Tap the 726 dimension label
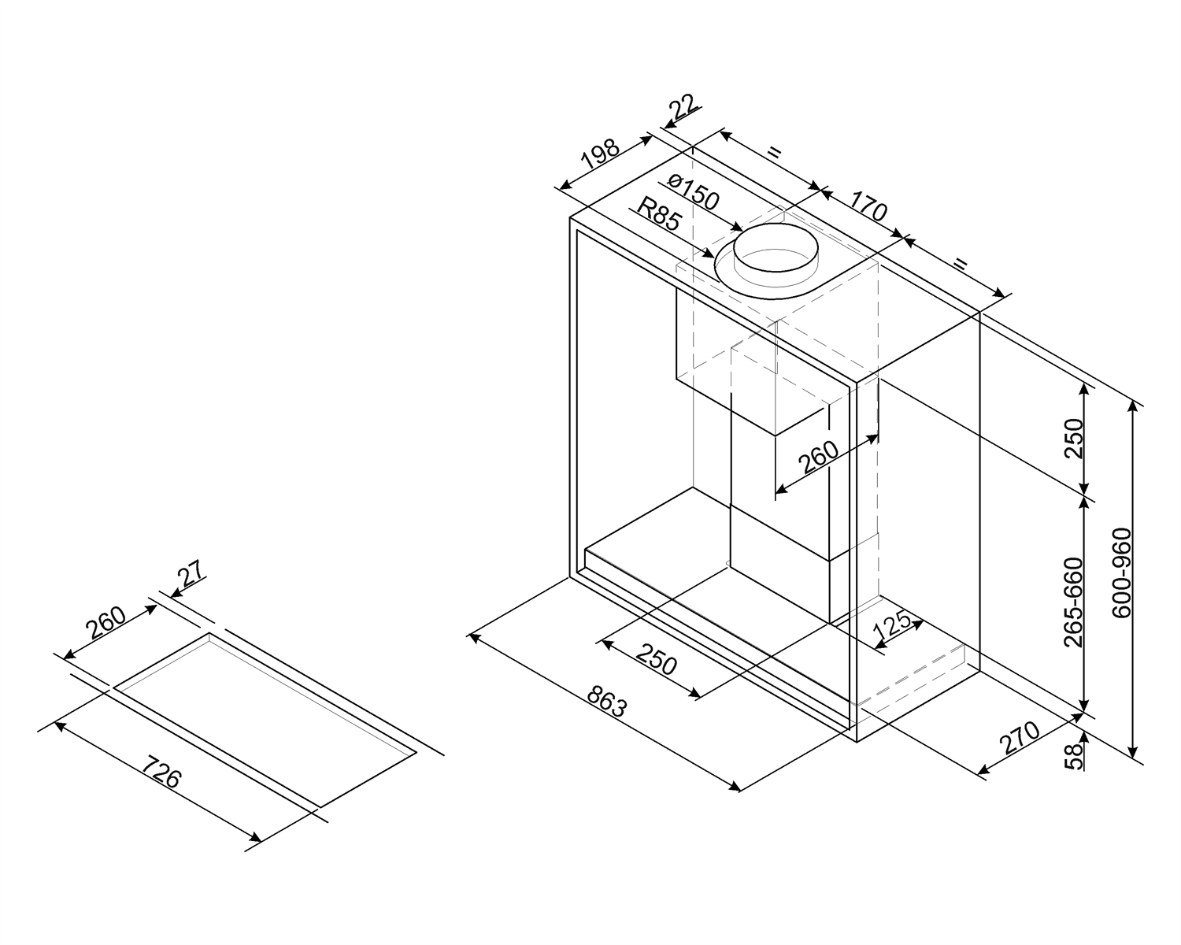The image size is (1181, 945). click(x=161, y=772)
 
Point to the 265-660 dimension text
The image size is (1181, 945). click(x=1073, y=602)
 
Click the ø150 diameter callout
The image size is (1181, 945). click(x=693, y=192)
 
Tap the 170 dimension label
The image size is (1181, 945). click(x=868, y=203)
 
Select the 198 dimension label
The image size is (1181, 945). click(x=601, y=154)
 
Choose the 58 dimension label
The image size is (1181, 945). click(x=1074, y=758)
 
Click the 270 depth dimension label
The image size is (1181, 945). click(x=1020, y=737)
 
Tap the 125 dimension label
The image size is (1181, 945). click(x=891, y=624)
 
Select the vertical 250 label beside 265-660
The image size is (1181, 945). click(x=1074, y=438)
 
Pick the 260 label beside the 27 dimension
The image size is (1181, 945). click(x=106, y=623)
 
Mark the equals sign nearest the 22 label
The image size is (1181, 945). click(x=774, y=152)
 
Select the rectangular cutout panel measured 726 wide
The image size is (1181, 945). click(x=265, y=719)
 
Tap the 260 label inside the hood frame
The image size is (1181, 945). click(x=820, y=457)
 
